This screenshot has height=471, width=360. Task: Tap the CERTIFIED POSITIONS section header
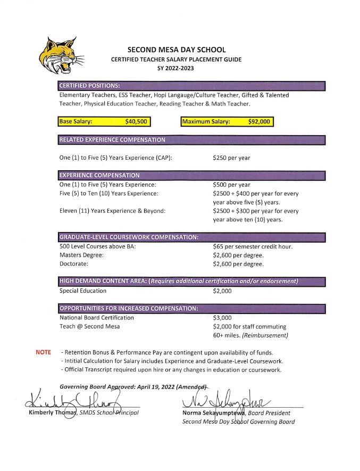coord(90,86)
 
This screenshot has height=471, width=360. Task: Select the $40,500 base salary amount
coord(136,122)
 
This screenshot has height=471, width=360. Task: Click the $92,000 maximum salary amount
coord(259,122)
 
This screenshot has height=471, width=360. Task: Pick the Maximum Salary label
coord(206,122)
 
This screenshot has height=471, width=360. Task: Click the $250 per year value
coord(231,158)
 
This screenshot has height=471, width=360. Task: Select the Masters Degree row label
coord(82,255)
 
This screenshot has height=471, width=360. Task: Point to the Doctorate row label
coord(74,263)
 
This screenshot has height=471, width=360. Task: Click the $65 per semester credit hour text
coord(253,246)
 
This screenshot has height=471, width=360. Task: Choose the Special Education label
coord(83,291)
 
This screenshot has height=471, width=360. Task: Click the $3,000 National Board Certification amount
coord(222,318)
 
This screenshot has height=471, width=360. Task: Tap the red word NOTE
coord(43,352)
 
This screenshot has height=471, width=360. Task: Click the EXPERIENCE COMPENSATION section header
coord(99,175)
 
